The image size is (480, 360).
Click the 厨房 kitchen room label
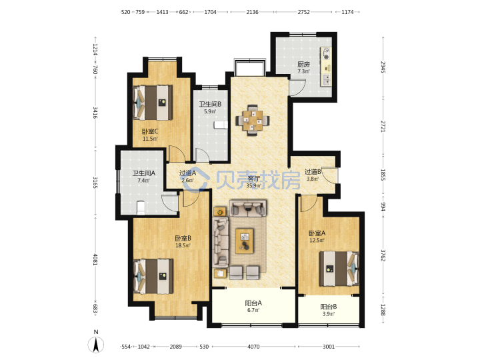coord(303,64)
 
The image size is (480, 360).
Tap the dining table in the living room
coord(253,120)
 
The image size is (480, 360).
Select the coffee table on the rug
coord(244,241)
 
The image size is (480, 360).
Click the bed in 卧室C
coord(153,103)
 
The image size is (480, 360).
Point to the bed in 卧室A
coord(339,269)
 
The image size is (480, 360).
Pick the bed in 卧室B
coord(154,277)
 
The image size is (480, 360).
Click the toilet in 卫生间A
coord(141,207)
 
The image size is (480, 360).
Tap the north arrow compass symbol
coord(96,345)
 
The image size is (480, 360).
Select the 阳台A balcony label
coord(253,303)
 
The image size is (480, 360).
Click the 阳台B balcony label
coord(329,307)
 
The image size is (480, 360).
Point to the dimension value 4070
coord(253,347)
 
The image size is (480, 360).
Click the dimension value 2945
coord(383,67)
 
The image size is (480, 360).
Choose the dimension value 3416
coord(95,113)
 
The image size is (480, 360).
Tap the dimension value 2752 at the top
coord(304,12)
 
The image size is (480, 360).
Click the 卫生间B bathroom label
coord(210,104)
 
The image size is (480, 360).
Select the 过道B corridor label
coord(313,172)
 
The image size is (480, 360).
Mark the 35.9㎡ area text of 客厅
coord(254,185)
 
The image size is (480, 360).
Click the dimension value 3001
coord(329,347)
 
